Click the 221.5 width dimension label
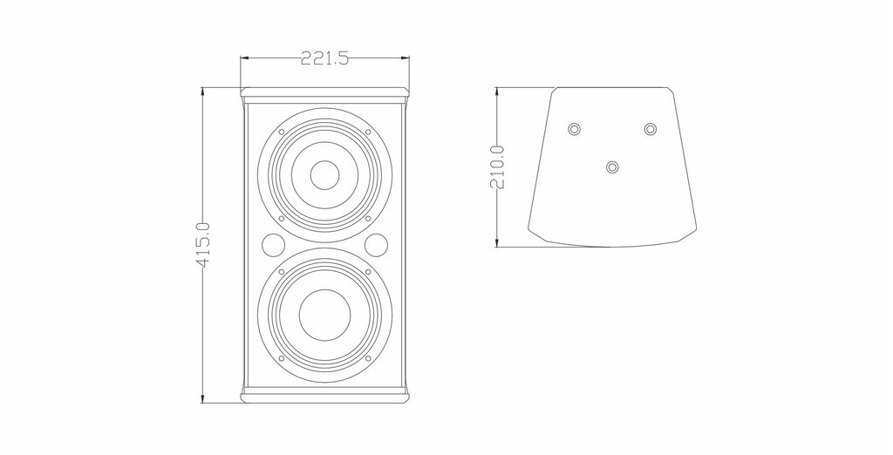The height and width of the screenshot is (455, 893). pyautogui.click(x=324, y=58)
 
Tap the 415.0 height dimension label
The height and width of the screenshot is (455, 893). pyautogui.click(x=203, y=245)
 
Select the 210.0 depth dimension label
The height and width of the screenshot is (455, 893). pyautogui.click(x=497, y=166)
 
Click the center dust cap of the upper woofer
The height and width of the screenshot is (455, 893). pyautogui.click(x=324, y=175)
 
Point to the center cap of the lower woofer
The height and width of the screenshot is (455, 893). pyautogui.click(x=324, y=315)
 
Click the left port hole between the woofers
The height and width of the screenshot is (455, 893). pyautogui.click(x=273, y=245)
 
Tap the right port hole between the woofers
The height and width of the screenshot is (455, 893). pyautogui.click(x=377, y=245)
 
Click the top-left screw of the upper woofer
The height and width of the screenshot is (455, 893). pyautogui.click(x=282, y=132)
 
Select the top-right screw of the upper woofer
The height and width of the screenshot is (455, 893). pyautogui.click(x=368, y=132)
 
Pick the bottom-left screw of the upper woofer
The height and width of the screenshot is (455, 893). pyautogui.click(x=282, y=218)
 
